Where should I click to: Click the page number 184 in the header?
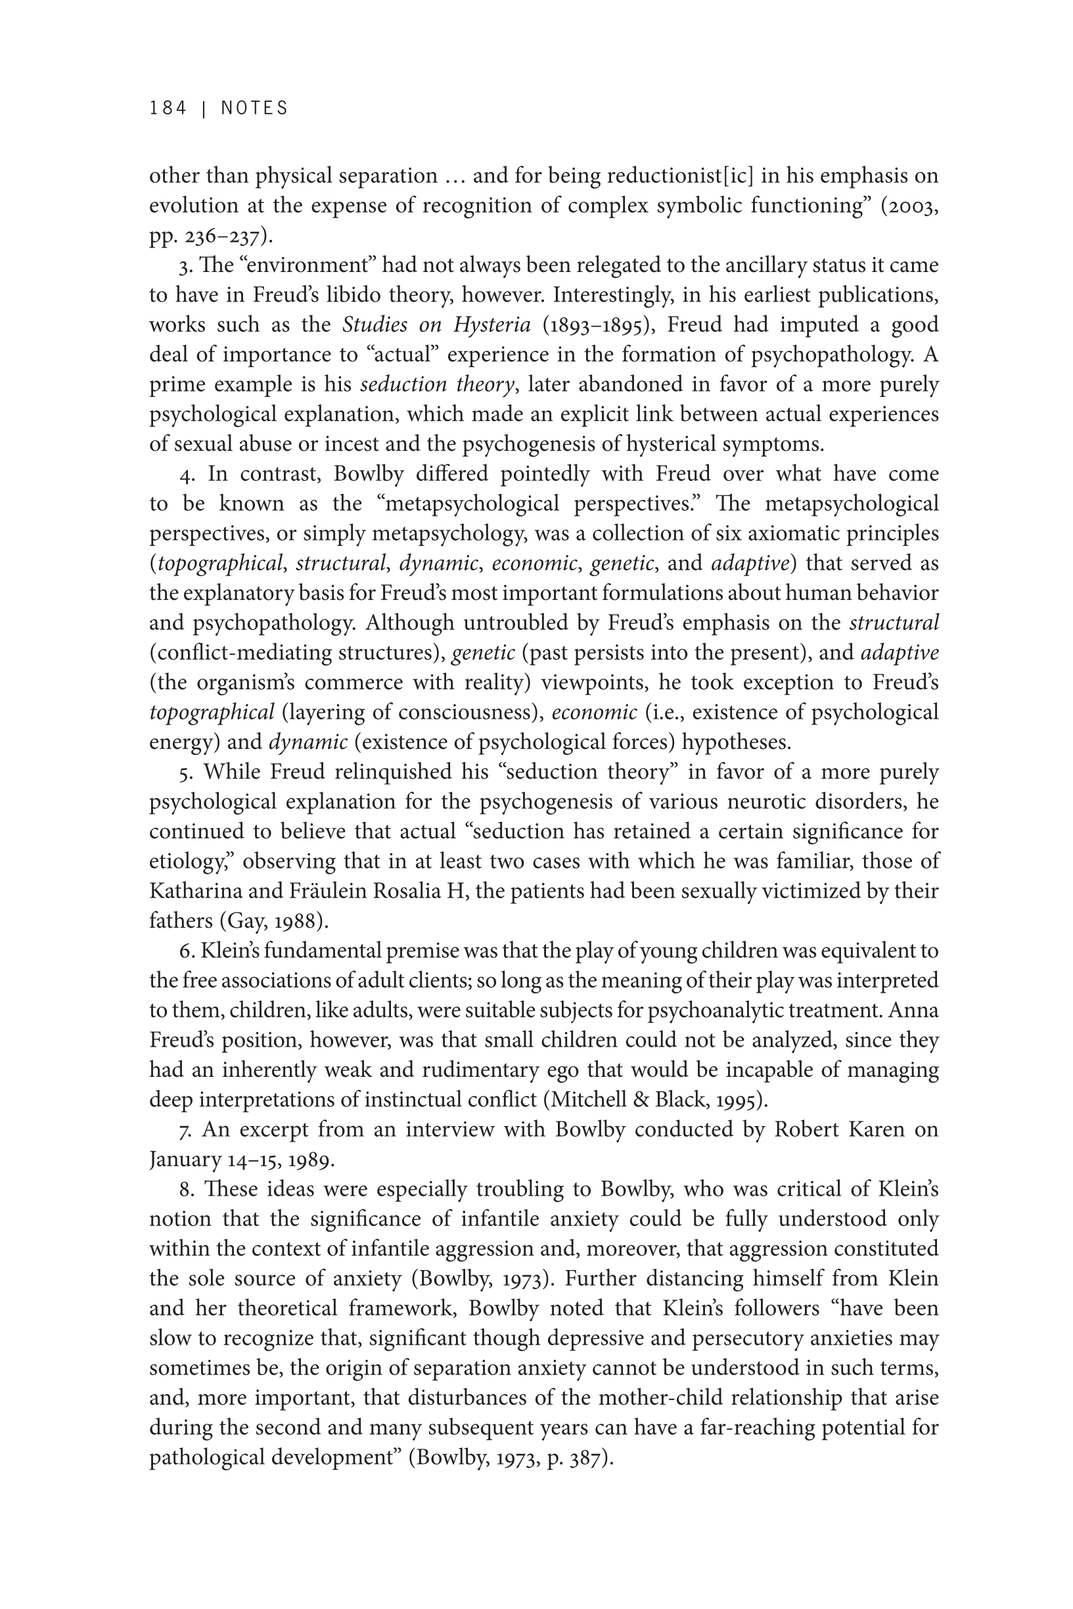(x=168, y=108)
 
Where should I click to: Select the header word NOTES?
(x=254, y=108)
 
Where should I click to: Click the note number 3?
(x=184, y=265)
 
